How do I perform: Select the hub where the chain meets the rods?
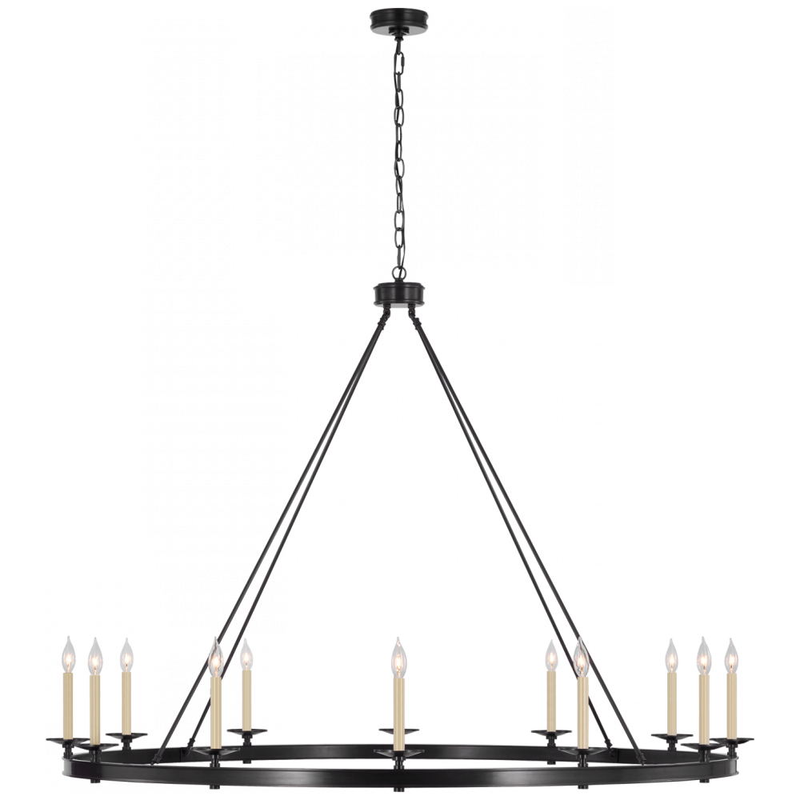click(398, 290)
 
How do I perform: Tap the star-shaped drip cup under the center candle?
click(398, 754)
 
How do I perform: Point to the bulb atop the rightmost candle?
click(731, 659)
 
